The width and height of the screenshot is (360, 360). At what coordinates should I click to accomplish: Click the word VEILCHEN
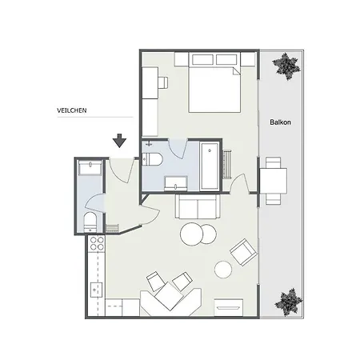(x=72, y=110)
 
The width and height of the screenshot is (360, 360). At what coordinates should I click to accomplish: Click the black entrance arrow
(x=119, y=141)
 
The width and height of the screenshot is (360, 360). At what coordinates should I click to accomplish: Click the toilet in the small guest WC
(x=90, y=221)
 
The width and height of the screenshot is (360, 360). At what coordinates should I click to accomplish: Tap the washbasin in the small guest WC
(x=90, y=166)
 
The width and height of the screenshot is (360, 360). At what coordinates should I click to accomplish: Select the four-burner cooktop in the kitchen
(x=97, y=244)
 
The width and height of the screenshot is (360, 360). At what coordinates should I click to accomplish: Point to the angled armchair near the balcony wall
(x=242, y=254)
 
